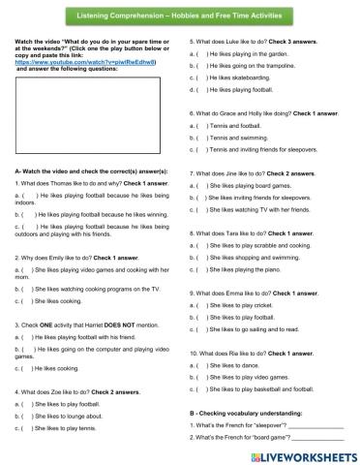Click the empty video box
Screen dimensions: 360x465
tap(89, 115)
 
